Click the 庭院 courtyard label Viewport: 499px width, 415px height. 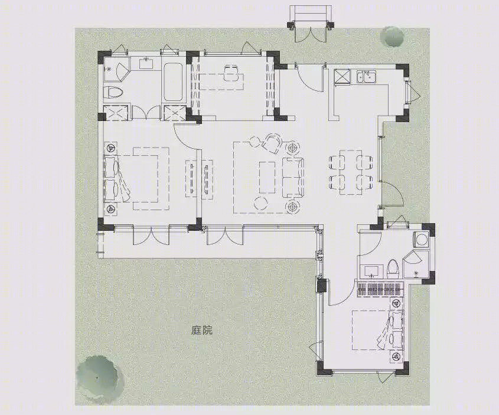(201, 331)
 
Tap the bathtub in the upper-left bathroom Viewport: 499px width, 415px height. (174, 83)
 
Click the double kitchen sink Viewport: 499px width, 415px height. (366, 77)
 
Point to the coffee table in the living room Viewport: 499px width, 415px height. (268, 178)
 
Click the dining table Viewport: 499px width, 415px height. (351, 172)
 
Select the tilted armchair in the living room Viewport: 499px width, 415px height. (272, 143)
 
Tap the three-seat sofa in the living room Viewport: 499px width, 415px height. (293, 177)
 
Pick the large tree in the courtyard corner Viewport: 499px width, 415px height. (97, 377)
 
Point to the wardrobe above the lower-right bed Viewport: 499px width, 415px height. (380, 289)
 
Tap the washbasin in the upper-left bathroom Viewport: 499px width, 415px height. (146, 63)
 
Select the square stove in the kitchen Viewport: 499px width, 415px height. (342, 77)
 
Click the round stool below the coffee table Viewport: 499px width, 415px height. (261, 203)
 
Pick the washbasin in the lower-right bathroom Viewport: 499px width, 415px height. (371, 272)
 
